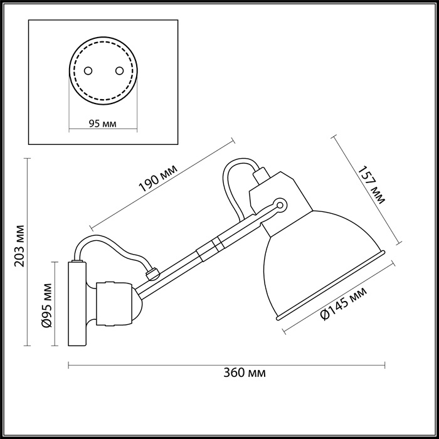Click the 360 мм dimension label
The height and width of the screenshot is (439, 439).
coord(244,373)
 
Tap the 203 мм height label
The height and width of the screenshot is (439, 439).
coord(19,245)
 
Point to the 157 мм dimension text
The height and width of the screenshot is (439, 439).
coord(371,185)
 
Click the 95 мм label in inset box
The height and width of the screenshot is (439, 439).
coord(101,123)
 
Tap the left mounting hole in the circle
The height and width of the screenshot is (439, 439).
coord(88,70)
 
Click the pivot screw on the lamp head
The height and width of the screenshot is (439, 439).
coord(280,204)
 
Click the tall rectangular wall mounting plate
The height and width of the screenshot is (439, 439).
coord(77,304)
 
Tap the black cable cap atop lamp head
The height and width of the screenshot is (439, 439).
coord(260,174)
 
